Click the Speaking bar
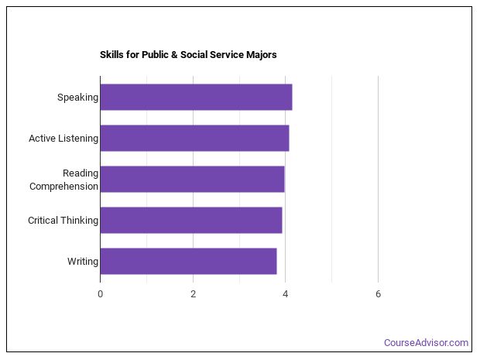pos(196,98)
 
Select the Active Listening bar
pos(194,139)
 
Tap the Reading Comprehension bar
pos(192,179)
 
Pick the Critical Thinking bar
pos(190,220)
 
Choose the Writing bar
pos(188,261)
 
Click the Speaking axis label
pos(77,98)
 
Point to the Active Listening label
pos(63,139)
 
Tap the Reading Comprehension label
pos(64,180)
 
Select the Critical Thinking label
pos(63,220)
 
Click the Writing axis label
pos(83,261)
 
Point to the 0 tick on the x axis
pos(100,293)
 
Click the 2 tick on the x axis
pos(193,293)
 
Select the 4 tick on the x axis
pos(286,293)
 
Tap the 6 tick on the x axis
pos(378,293)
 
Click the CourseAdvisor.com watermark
pos(427,342)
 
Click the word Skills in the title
pos(111,55)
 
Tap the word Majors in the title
pos(260,55)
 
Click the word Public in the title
pos(154,55)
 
